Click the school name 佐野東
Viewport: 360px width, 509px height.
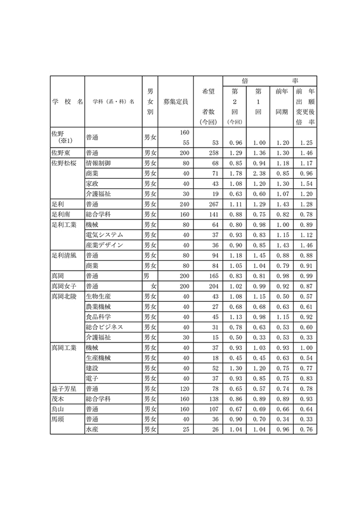click(x=60, y=153)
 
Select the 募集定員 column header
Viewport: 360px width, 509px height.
click(x=176, y=101)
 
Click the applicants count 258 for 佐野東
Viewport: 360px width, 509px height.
click(x=207, y=153)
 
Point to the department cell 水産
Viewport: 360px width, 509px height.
click(x=92, y=429)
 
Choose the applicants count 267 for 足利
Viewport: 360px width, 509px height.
click(x=207, y=204)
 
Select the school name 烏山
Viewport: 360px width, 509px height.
click(x=57, y=409)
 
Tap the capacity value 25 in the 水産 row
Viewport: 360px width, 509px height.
click(x=186, y=429)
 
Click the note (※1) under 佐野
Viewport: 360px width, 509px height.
click(x=67, y=141)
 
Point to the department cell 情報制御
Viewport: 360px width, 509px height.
click(x=98, y=163)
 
